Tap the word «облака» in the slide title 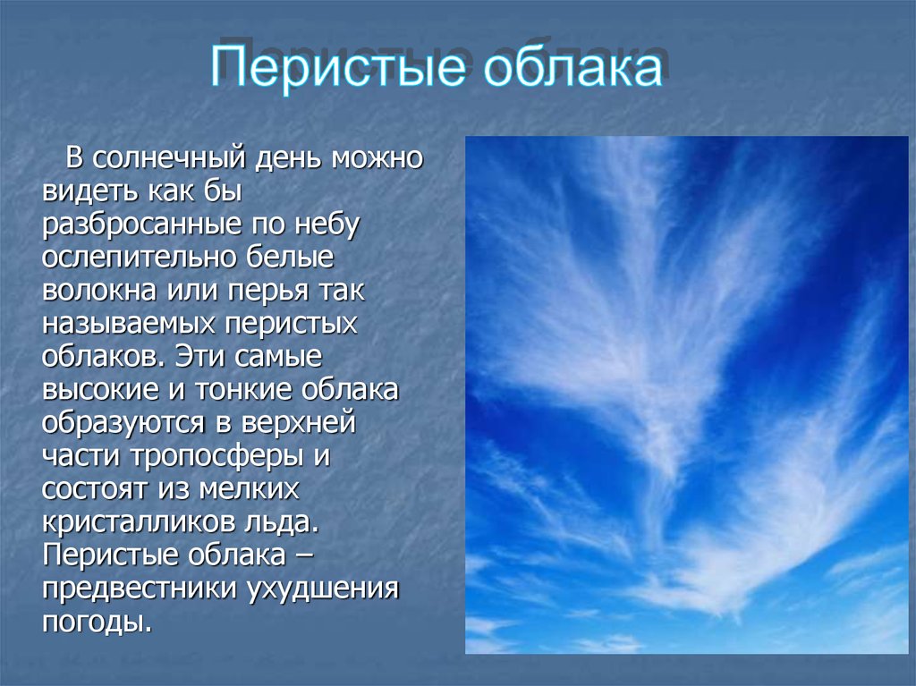[572, 65]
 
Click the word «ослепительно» [138, 257]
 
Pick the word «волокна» [98, 290]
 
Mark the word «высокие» [100, 389]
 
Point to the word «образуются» [123, 423]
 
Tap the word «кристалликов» [137, 521]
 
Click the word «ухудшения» [322, 589]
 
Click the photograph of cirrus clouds [687, 395]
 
